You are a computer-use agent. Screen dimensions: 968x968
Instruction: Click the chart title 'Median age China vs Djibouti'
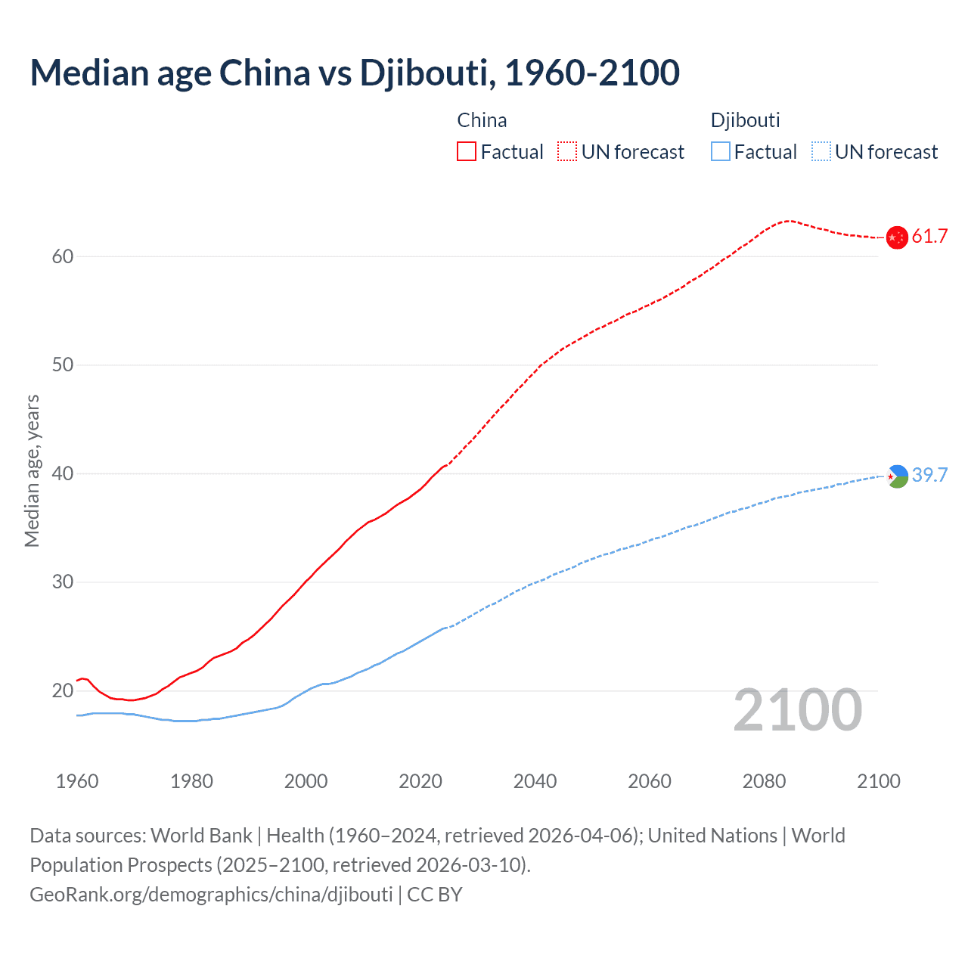355,73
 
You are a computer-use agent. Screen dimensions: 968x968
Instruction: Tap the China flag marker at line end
896,237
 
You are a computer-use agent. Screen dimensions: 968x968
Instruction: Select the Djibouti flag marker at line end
897,476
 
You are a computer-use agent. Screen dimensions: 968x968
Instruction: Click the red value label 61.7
929,237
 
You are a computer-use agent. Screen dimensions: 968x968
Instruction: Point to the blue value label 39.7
929,475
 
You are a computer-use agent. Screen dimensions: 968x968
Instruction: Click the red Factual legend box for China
467,152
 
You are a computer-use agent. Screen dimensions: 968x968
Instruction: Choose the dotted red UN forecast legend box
567,152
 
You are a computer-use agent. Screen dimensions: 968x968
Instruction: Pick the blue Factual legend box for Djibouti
720,152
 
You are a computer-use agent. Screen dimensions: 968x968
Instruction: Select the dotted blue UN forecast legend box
821,152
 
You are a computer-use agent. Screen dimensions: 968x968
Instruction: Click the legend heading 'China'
482,120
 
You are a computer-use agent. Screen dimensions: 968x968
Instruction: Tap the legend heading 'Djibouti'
745,120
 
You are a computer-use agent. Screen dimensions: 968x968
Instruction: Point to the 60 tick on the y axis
63,256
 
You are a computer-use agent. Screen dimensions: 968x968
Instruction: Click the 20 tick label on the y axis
63,690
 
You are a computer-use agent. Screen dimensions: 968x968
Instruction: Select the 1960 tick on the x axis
77,781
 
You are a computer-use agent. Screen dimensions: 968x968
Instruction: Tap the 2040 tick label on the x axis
535,781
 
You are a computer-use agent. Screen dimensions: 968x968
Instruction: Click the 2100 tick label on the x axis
879,781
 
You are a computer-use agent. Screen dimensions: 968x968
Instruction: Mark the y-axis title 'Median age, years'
32,470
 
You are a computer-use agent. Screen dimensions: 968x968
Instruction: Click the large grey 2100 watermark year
798,710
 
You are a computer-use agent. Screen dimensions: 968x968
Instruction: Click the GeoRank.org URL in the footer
211,895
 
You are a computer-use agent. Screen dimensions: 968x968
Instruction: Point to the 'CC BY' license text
435,895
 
